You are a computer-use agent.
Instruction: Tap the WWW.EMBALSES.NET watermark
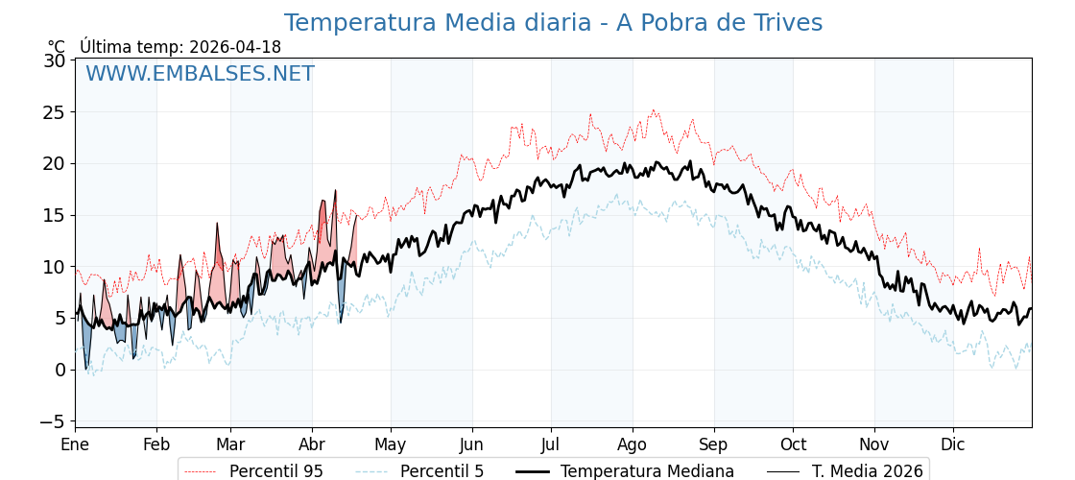click(x=200, y=74)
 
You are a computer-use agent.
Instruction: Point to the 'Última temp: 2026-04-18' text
click(x=180, y=47)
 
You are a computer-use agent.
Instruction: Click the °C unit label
click(x=57, y=47)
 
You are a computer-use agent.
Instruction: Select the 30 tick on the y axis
click(x=55, y=60)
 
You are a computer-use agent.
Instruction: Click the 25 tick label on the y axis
click(x=55, y=112)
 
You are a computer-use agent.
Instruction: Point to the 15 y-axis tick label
click(x=55, y=215)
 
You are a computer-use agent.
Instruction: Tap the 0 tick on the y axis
click(x=60, y=370)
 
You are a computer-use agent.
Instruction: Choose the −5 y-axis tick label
click(x=52, y=421)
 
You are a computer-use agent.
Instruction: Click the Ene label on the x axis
click(x=75, y=444)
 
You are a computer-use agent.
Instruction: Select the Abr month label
click(x=312, y=444)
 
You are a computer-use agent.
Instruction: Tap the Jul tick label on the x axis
click(x=551, y=444)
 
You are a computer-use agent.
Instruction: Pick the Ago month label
click(x=633, y=444)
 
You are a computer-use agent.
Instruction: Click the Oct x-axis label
click(x=793, y=444)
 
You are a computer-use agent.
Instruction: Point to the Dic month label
click(x=953, y=444)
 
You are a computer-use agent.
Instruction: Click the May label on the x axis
click(x=391, y=444)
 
